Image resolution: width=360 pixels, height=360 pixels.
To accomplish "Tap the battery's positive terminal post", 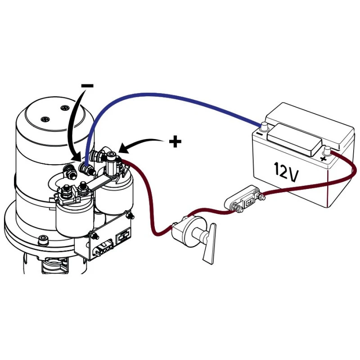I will [x=328, y=151].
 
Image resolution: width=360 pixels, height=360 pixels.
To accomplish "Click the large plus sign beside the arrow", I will [x=175, y=142].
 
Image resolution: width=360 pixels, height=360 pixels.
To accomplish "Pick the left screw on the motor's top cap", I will [x=45, y=119].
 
